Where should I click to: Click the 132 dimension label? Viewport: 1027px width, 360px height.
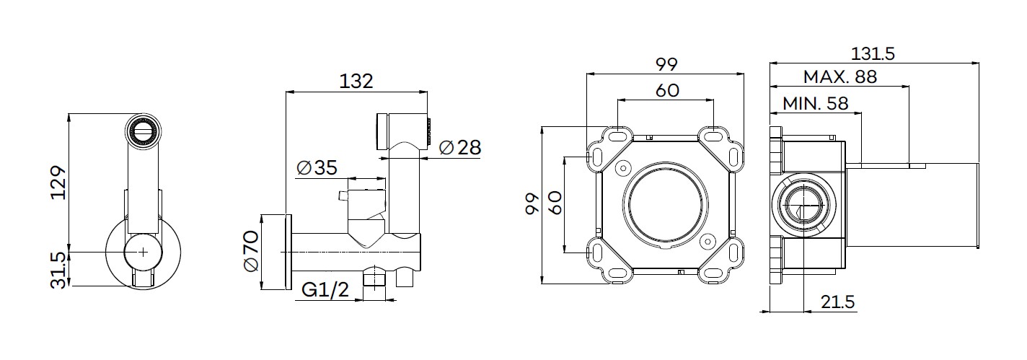[x=356, y=82]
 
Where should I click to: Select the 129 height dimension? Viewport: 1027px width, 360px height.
[x=58, y=183]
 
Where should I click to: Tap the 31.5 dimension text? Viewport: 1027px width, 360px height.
[x=58, y=271]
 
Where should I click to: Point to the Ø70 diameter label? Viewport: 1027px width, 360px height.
[x=251, y=251]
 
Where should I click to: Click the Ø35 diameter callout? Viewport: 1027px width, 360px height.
[x=317, y=167]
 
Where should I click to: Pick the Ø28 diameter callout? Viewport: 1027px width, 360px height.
[x=460, y=148]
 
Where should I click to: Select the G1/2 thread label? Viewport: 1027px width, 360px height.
[x=325, y=289]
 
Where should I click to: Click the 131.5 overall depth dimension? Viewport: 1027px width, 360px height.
[x=873, y=54]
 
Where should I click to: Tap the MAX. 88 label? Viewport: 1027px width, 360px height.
[x=840, y=76]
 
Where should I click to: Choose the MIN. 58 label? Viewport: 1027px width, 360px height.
[x=816, y=104]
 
